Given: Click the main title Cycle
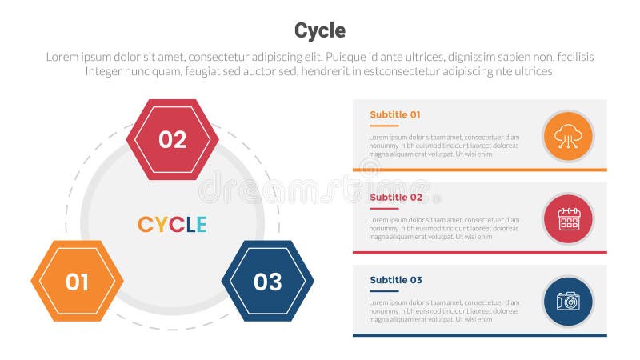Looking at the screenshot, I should [x=320, y=30].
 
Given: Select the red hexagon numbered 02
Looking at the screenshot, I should [x=173, y=139].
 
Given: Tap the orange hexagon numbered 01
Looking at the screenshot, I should [x=77, y=281].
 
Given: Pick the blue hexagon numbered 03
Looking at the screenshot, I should [x=267, y=281].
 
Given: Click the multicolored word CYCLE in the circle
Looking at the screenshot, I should [x=172, y=225].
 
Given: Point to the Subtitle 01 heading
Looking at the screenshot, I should [x=394, y=114].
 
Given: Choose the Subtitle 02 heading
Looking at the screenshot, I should [x=395, y=197].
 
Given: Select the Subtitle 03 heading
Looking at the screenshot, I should [x=395, y=280].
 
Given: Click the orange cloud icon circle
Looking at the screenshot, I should [x=568, y=136].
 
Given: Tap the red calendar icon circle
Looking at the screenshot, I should [x=568, y=218].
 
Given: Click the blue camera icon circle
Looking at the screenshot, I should [x=568, y=302].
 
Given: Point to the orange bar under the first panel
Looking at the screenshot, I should [x=480, y=170].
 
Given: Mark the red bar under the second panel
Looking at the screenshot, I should [x=480, y=253].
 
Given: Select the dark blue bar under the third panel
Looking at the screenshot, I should [x=480, y=335].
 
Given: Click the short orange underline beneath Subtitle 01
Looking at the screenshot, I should [x=384, y=126].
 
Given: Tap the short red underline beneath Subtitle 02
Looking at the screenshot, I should [x=384, y=208].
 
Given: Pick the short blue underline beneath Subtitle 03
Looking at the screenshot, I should [x=384, y=291].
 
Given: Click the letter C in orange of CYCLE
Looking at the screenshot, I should [x=145, y=225].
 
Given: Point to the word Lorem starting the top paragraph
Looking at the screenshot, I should [x=63, y=57].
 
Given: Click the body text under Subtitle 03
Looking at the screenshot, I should [x=444, y=311].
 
